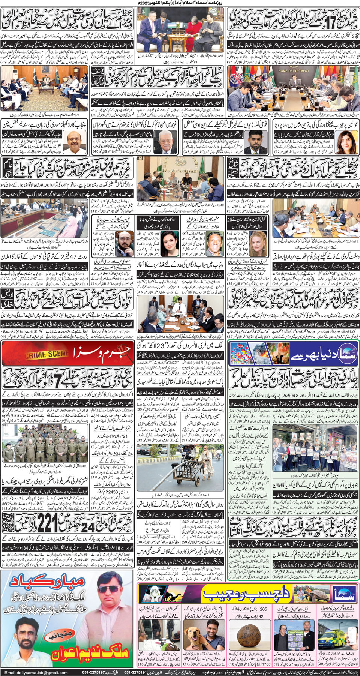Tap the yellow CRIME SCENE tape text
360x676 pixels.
pos(46,354)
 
